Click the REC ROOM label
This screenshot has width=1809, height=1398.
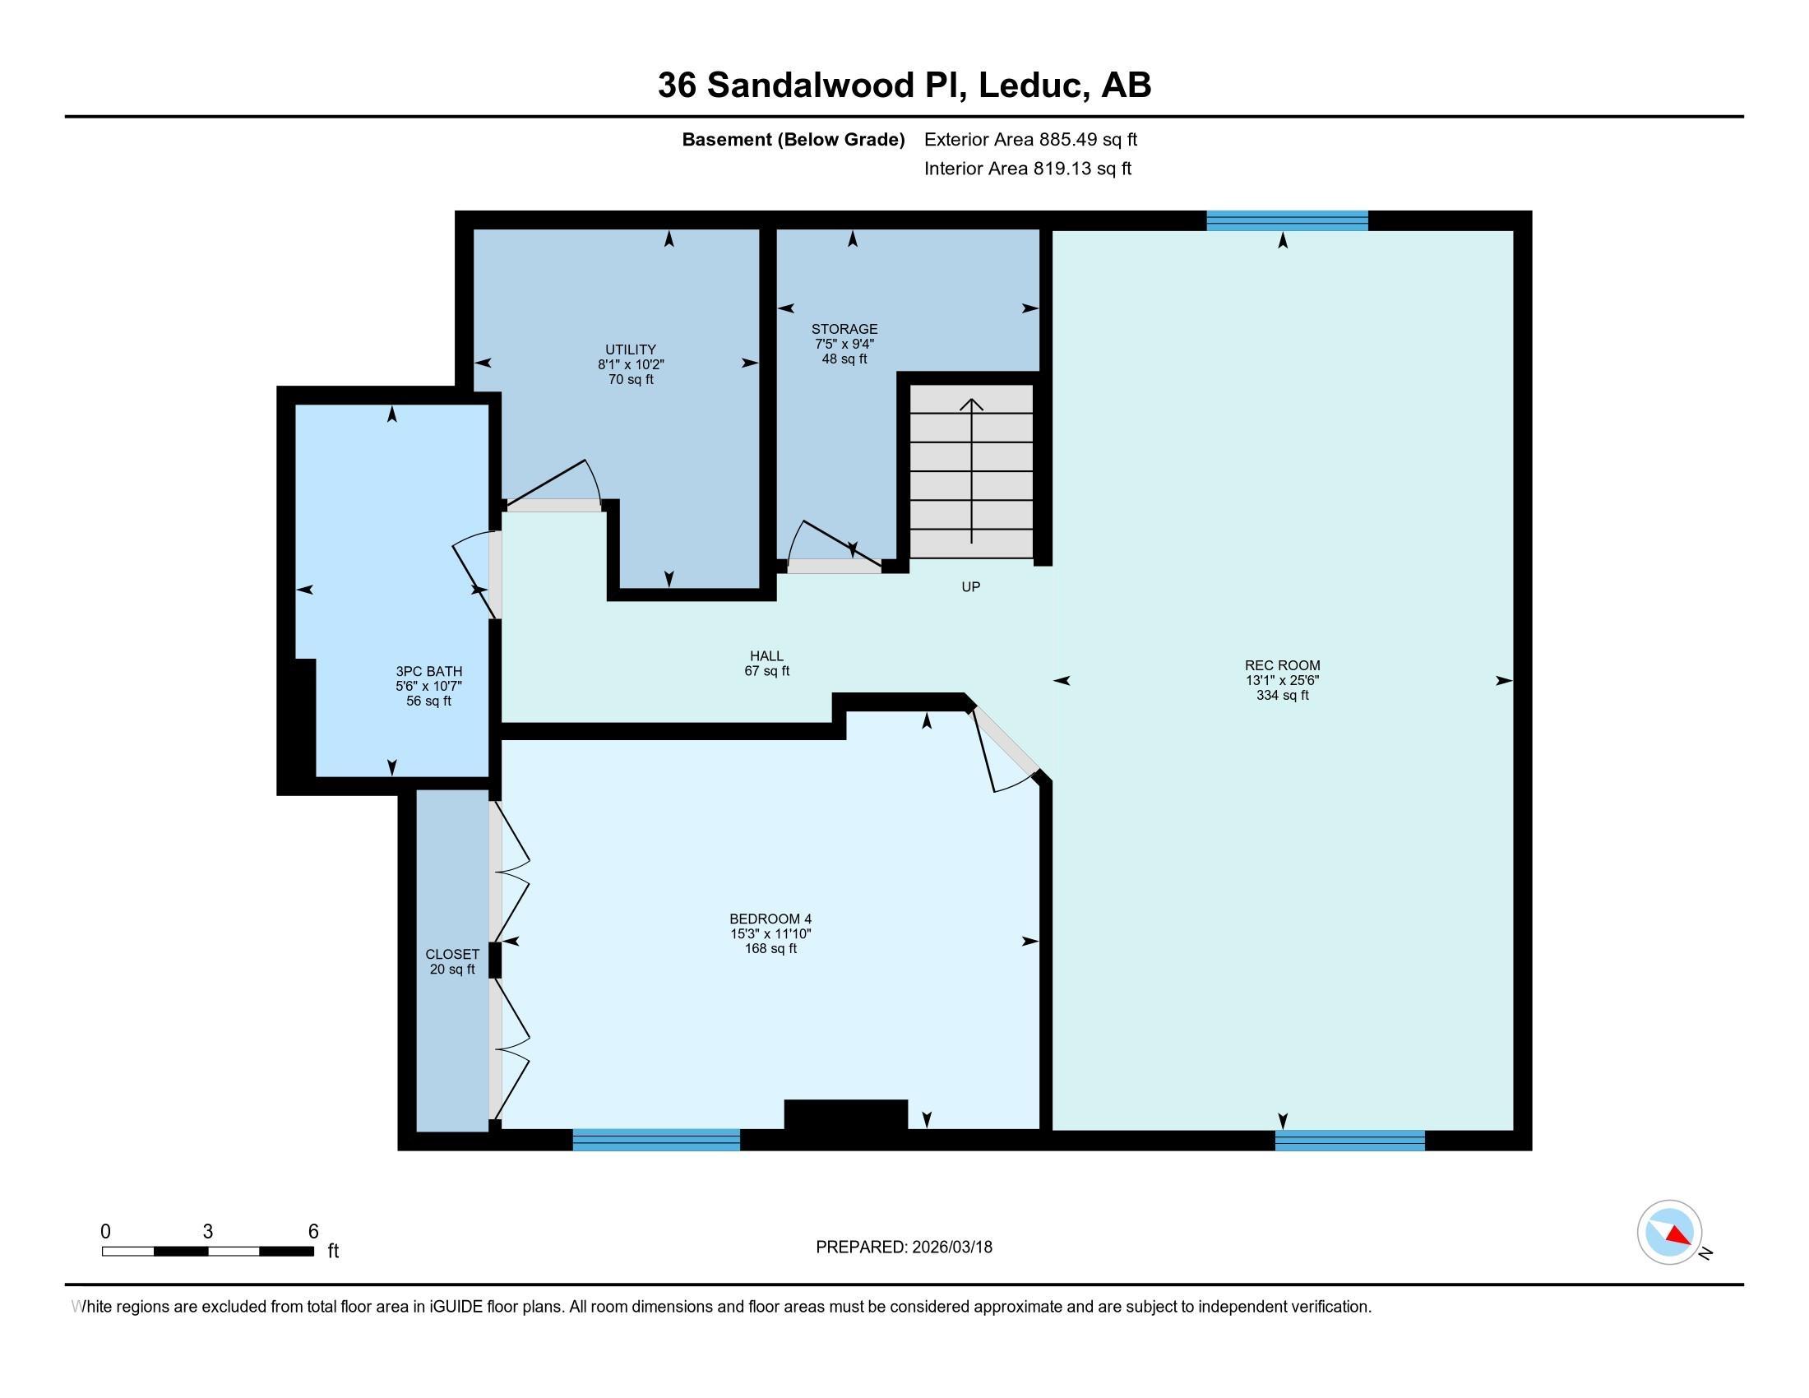(x=1282, y=665)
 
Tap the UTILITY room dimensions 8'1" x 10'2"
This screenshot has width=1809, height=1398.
(x=631, y=364)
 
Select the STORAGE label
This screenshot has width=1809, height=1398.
(x=844, y=329)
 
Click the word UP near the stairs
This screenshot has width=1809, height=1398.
(x=970, y=586)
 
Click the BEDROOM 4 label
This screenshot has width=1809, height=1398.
(x=770, y=919)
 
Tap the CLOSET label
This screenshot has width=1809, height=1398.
(x=451, y=954)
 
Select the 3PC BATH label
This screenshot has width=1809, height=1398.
(x=428, y=672)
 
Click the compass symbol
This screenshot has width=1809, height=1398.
(x=1669, y=1233)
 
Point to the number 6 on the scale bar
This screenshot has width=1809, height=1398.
(x=313, y=1232)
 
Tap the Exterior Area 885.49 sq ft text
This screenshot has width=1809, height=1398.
(x=1030, y=140)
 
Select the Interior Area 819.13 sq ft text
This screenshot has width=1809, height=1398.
(x=1027, y=169)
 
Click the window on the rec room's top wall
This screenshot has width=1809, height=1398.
(x=1286, y=220)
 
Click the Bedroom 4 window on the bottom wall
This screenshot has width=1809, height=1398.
(x=656, y=1140)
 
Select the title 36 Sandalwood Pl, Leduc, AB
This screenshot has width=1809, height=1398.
(x=904, y=86)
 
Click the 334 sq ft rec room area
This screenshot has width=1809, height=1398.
(x=1282, y=696)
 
